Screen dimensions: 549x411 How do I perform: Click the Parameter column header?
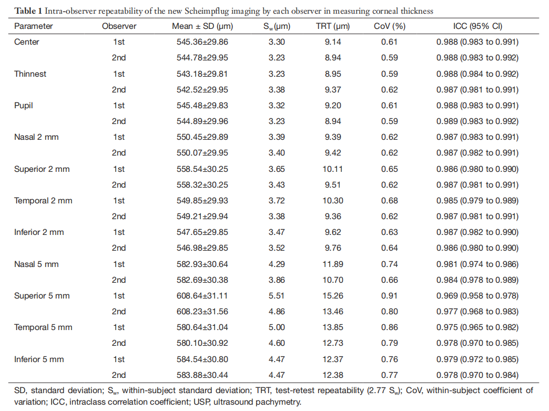coord(33,26)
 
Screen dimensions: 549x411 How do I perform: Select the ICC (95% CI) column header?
coord(477,26)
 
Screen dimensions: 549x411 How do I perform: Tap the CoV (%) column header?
coord(389,26)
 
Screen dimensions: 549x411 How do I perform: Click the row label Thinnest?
coord(30,74)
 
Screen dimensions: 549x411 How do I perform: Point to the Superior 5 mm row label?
coord(42,296)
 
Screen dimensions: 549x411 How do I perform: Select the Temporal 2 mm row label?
coord(43,201)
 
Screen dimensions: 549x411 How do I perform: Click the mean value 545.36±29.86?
coord(202,42)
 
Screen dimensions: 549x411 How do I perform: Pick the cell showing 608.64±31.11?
coord(202,296)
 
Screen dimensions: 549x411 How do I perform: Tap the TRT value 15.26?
coord(333,296)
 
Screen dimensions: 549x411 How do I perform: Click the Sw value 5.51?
coord(277,296)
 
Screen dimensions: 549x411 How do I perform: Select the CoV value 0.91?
coord(389,296)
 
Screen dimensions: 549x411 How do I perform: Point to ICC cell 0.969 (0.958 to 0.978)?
coord(477,296)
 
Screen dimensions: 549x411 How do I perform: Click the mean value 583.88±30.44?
coord(202,375)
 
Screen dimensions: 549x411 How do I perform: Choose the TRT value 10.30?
coord(333,201)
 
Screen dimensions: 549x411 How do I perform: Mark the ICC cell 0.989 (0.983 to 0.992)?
coord(477,121)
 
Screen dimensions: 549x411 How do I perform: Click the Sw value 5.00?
coord(277,327)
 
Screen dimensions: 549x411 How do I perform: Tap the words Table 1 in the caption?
coord(28,11)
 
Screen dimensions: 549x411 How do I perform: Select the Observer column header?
coord(119,26)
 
